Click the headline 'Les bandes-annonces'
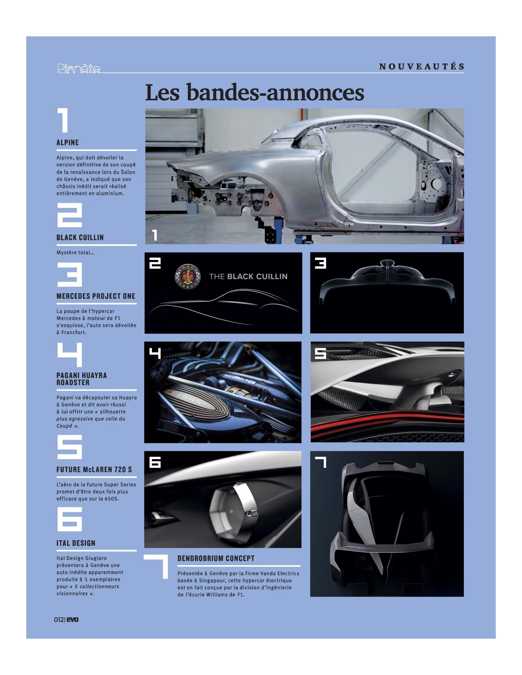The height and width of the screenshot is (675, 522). pyautogui.click(x=255, y=92)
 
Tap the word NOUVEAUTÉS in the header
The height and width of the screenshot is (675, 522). pyautogui.click(x=421, y=66)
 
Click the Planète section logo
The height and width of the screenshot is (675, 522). pyautogui.click(x=78, y=69)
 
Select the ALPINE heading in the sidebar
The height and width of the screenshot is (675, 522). pyautogui.click(x=67, y=143)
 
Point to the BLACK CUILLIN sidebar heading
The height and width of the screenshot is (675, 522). pyautogui.click(x=80, y=237)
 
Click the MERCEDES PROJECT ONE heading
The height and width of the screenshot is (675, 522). pyautogui.click(x=96, y=296)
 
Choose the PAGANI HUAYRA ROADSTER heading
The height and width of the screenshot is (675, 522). pyautogui.click(x=82, y=379)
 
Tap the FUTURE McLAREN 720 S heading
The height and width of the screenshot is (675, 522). pyautogui.click(x=94, y=470)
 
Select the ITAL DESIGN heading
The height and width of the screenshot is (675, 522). pyautogui.click(x=76, y=543)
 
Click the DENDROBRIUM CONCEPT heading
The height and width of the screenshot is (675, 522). pyautogui.click(x=216, y=558)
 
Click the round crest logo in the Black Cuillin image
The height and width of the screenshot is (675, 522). pyautogui.click(x=187, y=277)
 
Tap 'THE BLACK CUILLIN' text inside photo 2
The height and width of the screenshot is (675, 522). pyautogui.click(x=248, y=277)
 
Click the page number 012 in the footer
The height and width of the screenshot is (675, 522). pyautogui.click(x=59, y=620)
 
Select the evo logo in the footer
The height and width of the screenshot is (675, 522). pyautogui.click(x=72, y=620)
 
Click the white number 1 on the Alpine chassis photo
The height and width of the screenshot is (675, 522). pyautogui.click(x=155, y=235)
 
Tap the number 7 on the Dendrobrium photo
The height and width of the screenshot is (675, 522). pyautogui.click(x=321, y=462)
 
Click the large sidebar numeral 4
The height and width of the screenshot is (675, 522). pyautogui.click(x=69, y=354)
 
